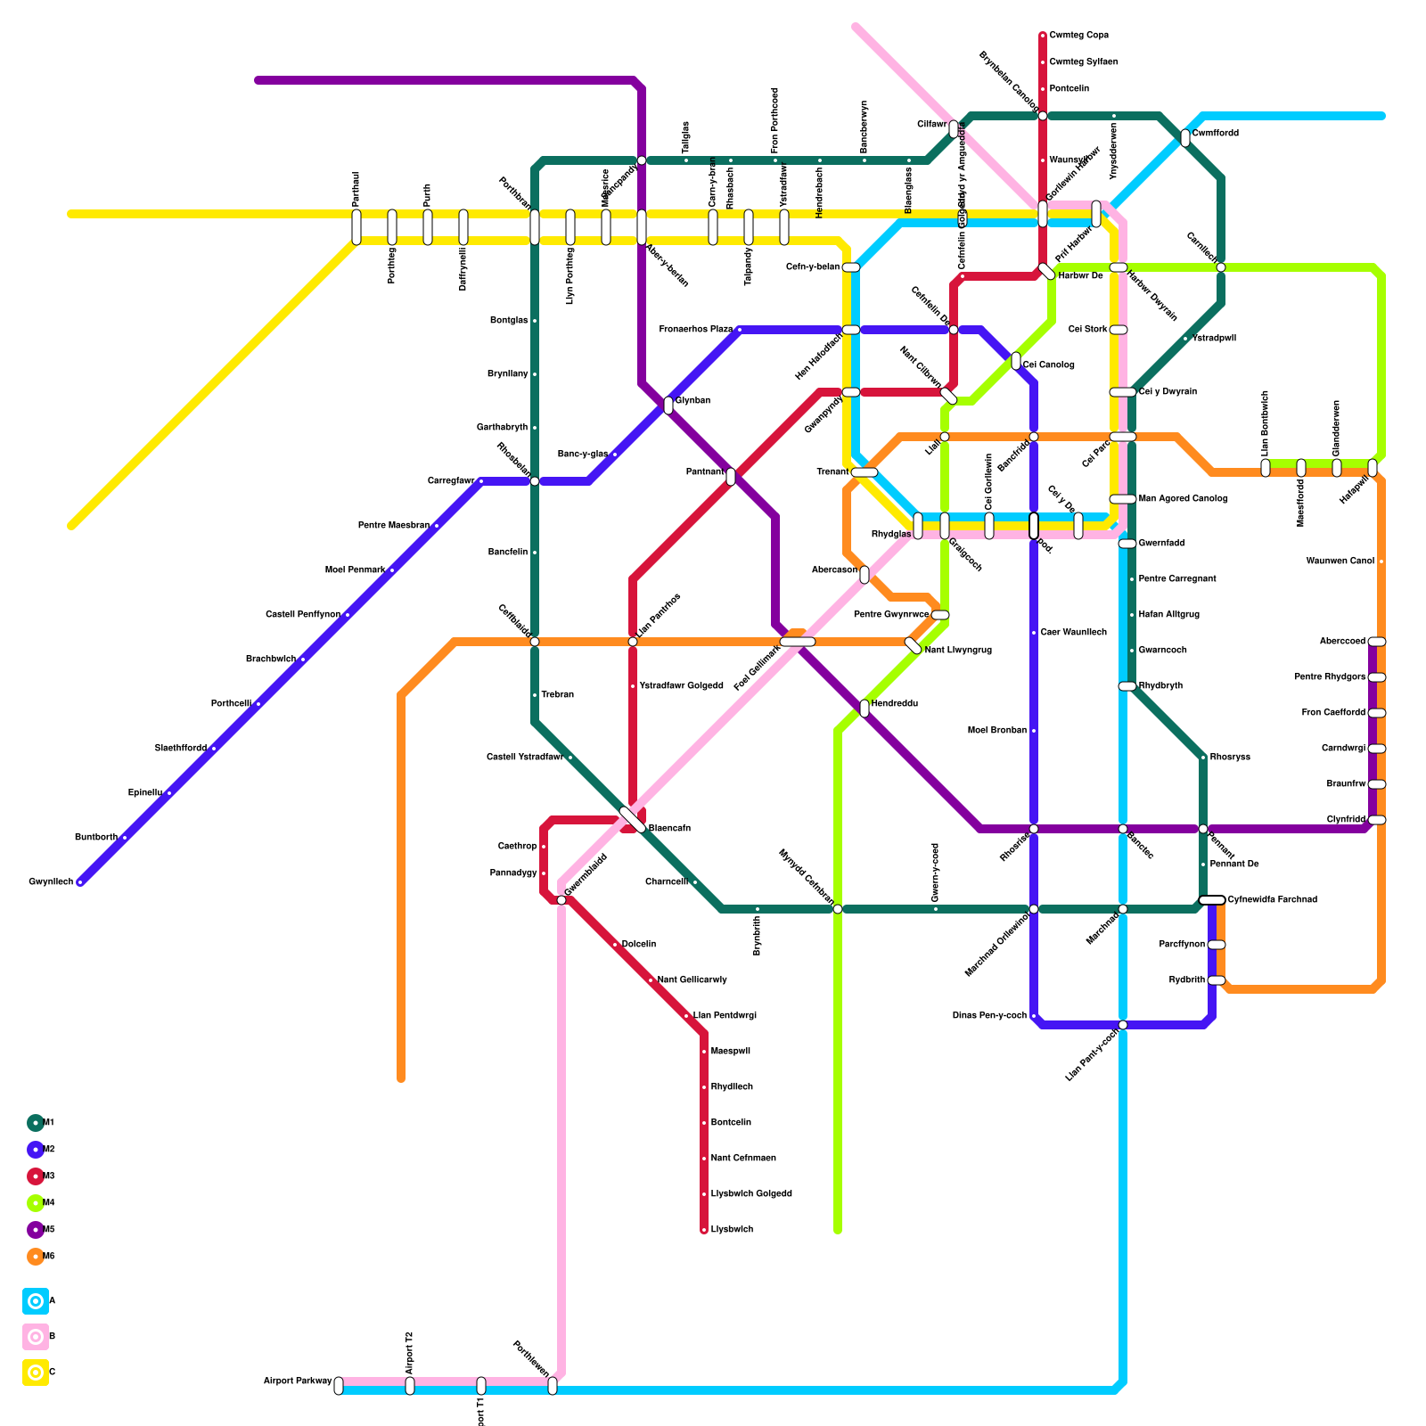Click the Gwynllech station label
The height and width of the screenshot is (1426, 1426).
(51, 882)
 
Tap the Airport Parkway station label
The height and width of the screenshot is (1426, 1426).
(298, 1381)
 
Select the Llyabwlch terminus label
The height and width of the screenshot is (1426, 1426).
(732, 1230)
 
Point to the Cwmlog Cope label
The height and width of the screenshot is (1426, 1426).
(1078, 36)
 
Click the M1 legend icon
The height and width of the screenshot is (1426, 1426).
(36, 1123)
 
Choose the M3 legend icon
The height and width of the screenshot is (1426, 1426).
(36, 1176)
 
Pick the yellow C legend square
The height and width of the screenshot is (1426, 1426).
(36, 1373)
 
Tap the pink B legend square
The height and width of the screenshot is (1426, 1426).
(36, 1337)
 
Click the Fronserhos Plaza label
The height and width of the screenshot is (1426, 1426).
(696, 330)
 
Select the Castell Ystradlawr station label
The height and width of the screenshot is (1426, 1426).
(525, 758)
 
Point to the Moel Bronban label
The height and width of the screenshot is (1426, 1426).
(997, 731)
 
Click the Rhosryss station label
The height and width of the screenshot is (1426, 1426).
(1230, 758)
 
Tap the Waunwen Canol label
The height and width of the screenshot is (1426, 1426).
(1340, 561)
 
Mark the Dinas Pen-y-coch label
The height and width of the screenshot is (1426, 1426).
(989, 1016)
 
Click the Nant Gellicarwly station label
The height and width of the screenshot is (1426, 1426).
(692, 980)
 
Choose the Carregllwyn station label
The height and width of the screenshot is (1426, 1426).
(451, 481)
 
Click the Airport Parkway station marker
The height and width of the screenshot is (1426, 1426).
(339, 1386)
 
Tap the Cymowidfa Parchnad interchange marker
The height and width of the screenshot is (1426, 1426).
(1212, 900)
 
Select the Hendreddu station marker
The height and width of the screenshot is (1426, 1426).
(865, 709)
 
